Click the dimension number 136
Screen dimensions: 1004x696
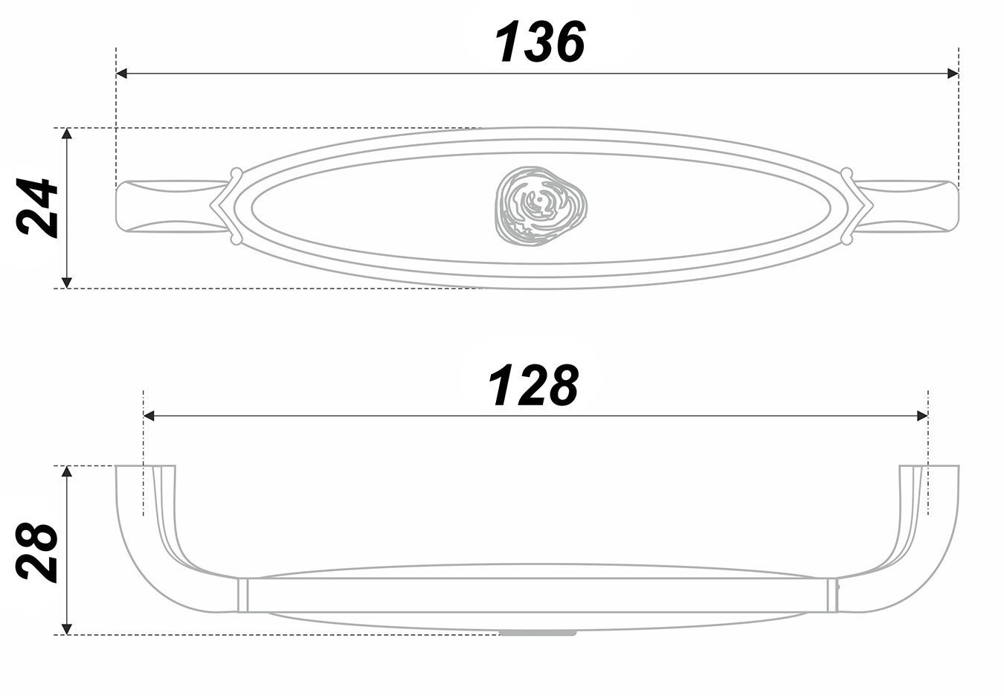pos(540,42)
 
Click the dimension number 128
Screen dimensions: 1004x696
pos(533,384)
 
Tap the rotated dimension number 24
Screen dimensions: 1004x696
pos(36,207)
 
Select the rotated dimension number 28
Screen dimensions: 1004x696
pos(36,552)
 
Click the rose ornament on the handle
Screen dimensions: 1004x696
pos(541,206)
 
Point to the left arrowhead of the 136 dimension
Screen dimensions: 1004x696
pos(122,74)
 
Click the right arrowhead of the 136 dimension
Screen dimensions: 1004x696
pos(952,74)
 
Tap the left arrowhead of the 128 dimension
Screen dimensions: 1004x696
pos(149,416)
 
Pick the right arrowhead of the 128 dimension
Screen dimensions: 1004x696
pos(922,416)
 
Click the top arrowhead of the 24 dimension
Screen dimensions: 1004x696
pos(67,134)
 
